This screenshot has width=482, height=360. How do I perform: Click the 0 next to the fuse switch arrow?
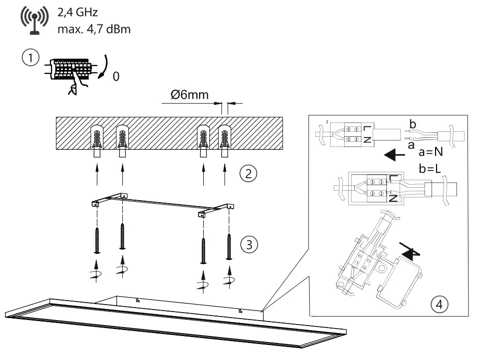point(116,78)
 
